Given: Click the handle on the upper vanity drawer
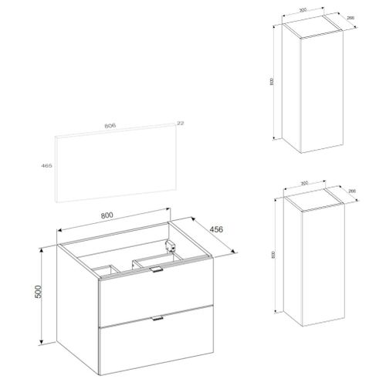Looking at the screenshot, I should [x=157, y=269].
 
